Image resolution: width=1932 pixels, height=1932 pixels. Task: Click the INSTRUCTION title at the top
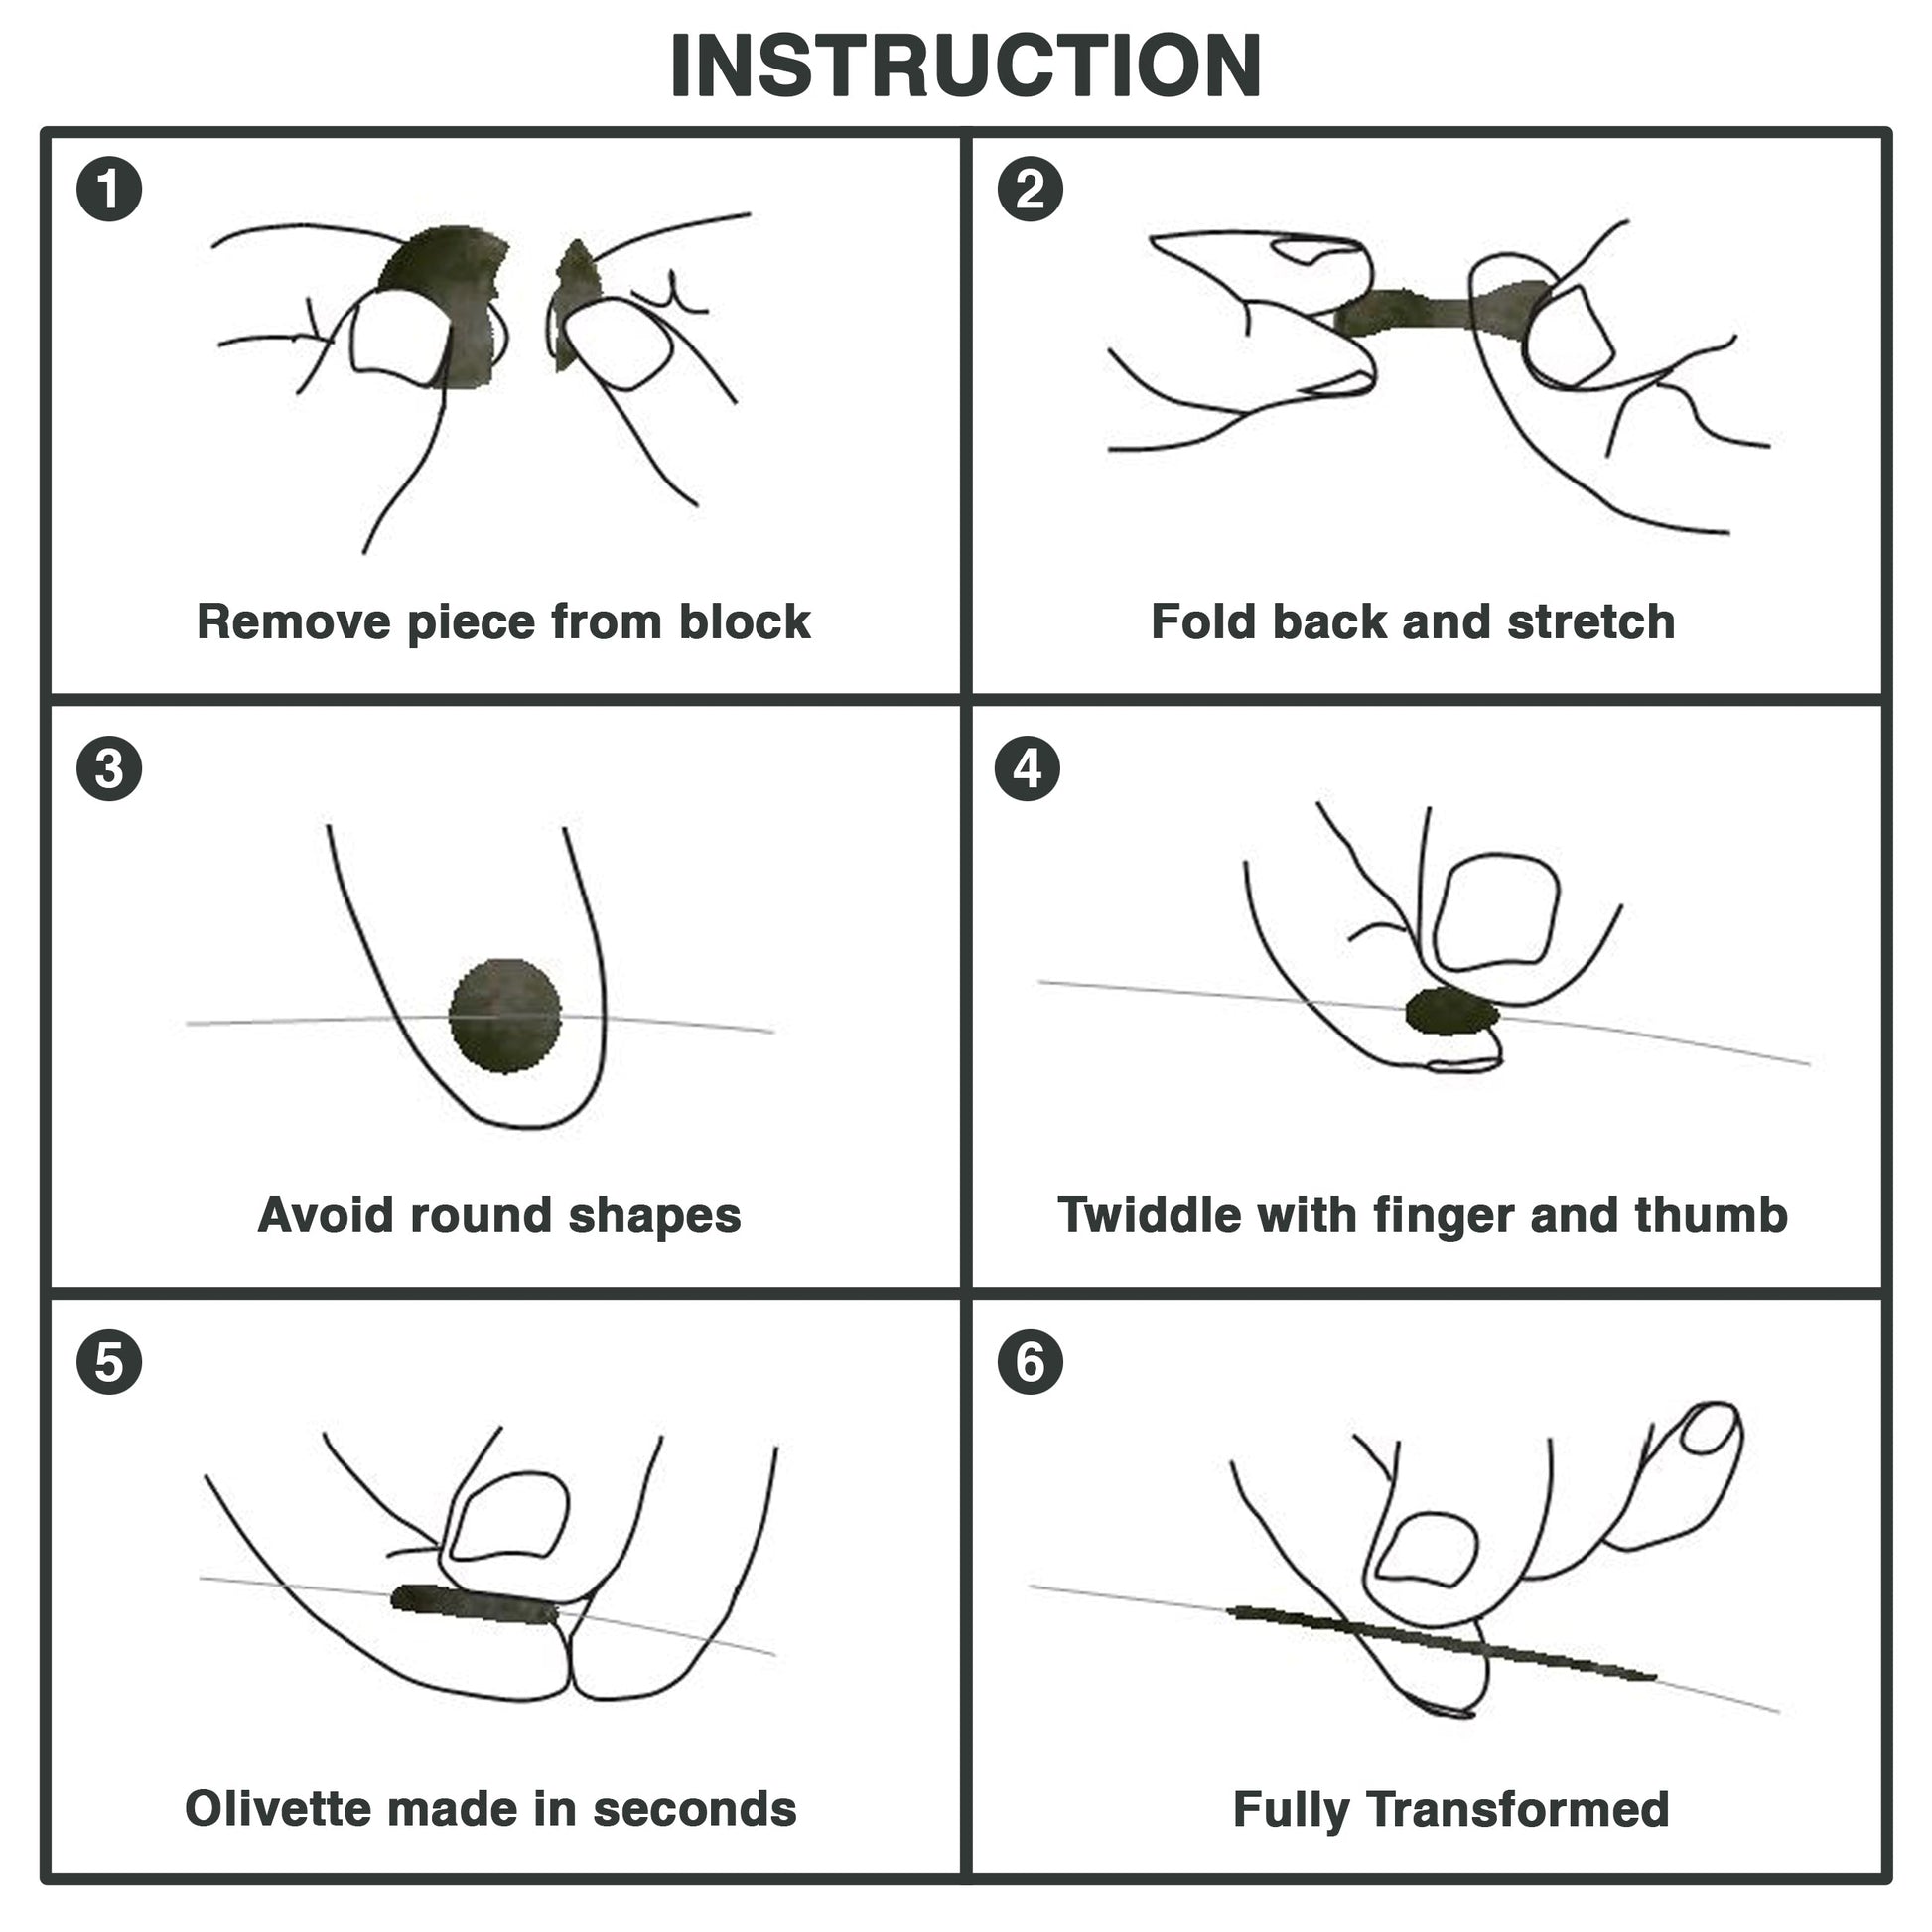(x=965, y=66)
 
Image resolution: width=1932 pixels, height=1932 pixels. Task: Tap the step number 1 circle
(x=109, y=190)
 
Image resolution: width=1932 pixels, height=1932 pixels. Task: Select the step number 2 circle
(x=1030, y=190)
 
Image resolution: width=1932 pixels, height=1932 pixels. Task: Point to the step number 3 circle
(x=109, y=769)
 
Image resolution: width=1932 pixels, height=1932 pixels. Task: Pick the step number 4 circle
(x=1028, y=769)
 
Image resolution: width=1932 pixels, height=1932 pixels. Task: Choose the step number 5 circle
(x=109, y=1362)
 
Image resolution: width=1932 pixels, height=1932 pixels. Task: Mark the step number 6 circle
(x=1030, y=1362)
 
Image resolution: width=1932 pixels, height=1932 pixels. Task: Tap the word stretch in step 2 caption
(x=1590, y=622)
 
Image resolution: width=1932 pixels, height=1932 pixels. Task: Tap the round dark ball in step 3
(x=505, y=1016)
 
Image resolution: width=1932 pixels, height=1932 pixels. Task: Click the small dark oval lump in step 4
(x=1452, y=1011)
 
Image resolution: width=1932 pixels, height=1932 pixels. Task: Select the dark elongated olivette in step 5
(x=472, y=1604)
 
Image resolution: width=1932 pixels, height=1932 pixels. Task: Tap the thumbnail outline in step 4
(x=1497, y=912)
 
